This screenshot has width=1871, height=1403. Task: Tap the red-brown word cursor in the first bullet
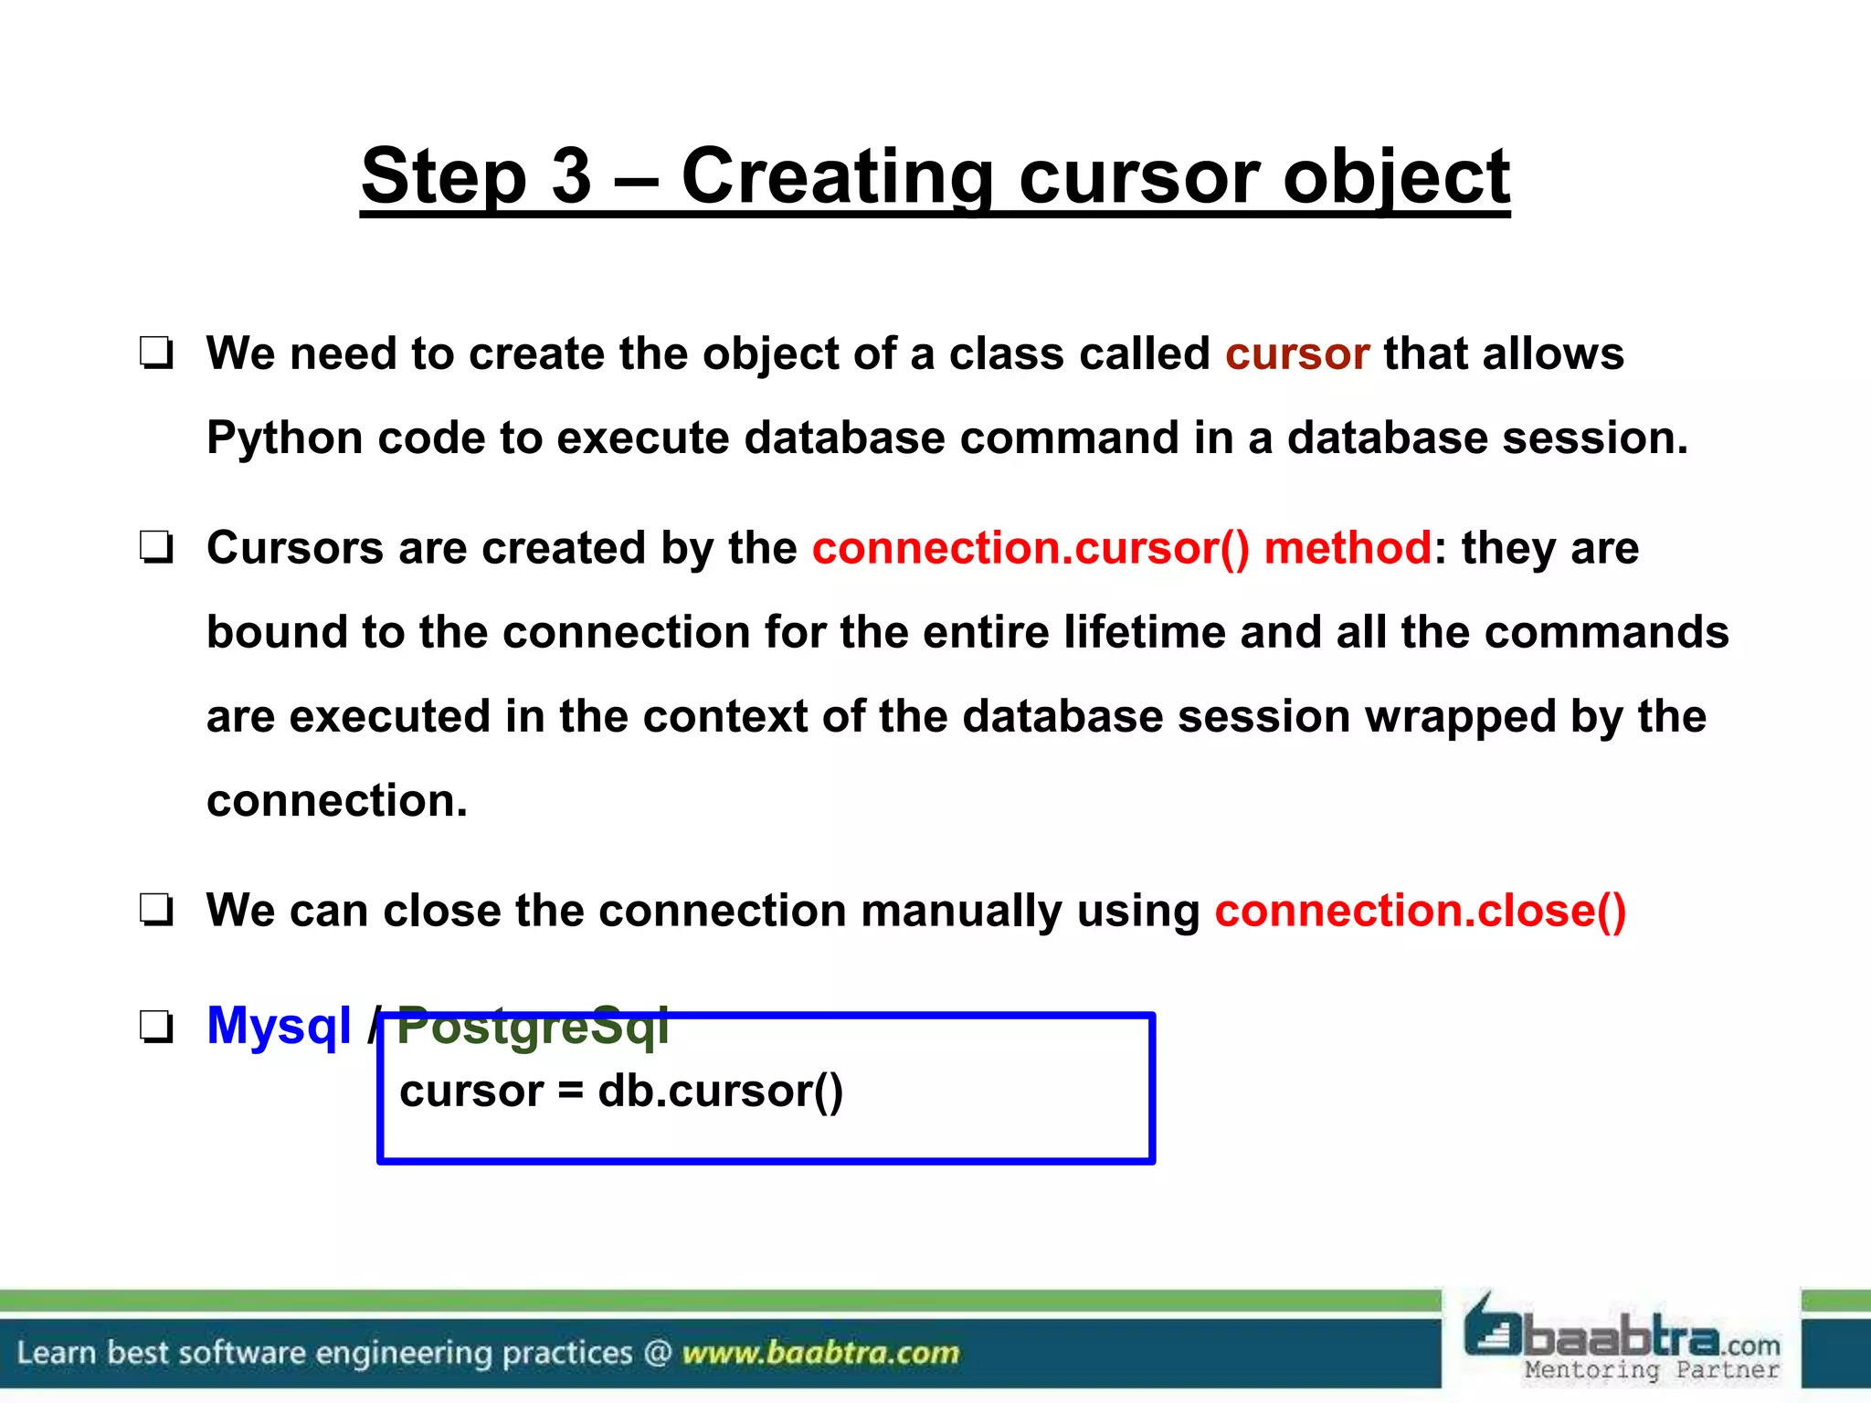[1296, 353]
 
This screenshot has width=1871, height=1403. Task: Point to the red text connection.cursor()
[1030, 548]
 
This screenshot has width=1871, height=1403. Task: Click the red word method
[1348, 548]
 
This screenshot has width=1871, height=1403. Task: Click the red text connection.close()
[1421, 911]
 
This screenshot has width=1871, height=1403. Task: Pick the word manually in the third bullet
[960, 911]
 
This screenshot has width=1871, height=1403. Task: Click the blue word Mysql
[279, 1026]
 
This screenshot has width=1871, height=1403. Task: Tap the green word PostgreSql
[533, 1026]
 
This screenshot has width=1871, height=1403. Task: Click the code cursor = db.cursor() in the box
[621, 1092]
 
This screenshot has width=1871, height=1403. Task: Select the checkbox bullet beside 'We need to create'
[156, 353]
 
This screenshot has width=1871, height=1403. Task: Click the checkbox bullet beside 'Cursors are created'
[156, 548]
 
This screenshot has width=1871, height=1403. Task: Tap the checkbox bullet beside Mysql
[156, 1027]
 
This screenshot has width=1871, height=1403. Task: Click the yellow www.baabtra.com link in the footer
[819, 1352]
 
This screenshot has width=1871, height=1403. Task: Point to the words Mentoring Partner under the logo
[1652, 1370]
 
